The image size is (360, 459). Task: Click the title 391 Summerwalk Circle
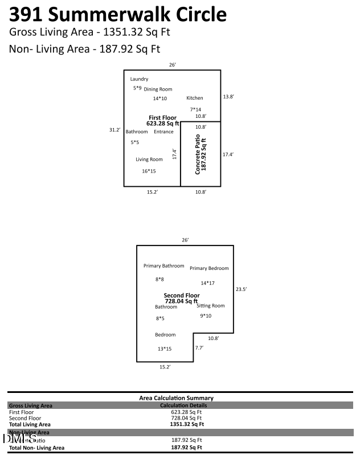pyautogui.click(x=118, y=14)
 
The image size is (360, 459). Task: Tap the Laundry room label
pyautogui.click(x=139, y=79)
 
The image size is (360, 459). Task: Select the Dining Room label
pyautogui.click(x=158, y=89)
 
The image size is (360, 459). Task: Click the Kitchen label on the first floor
pyautogui.click(x=195, y=99)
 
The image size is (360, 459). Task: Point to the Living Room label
pyautogui.click(x=149, y=160)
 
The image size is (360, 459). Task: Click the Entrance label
pyautogui.click(x=163, y=132)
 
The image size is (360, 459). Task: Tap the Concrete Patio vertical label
pyautogui.click(x=201, y=155)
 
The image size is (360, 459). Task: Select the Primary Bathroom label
pyautogui.click(x=164, y=266)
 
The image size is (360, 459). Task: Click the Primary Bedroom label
pyautogui.click(x=209, y=269)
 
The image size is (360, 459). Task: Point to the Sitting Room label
pyautogui.click(x=211, y=306)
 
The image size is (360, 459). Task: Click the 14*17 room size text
pyautogui.click(x=207, y=283)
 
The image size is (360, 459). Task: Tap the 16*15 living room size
pyautogui.click(x=149, y=171)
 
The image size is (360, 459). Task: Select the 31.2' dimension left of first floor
pyautogui.click(x=114, y=130)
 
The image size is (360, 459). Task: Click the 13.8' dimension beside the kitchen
pyautogui.click(x=228, y=97)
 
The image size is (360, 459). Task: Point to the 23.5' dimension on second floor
pyautogui.click(x=241, y=289)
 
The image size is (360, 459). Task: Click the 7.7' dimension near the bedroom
pyautogui.click(x=199, y=347)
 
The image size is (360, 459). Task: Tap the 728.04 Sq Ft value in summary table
pyautogui.click(x=187, y=418)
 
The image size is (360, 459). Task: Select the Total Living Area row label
pyautogui.click(x=30, y=424)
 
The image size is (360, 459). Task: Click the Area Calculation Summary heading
pyautogui.click(x=176, y=398)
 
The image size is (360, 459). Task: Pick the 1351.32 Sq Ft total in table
pyautogui.click(x=187, y=424)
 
